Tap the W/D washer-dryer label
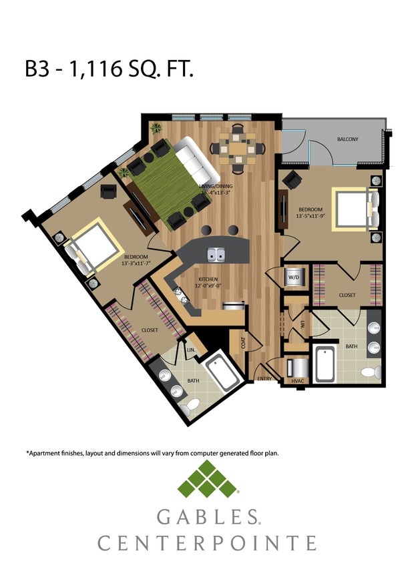[x=293, y=277]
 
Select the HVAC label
[x=296, y=381]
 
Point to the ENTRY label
[x=264, y=379]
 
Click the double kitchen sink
[x=218, y=254]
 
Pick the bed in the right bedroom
[x=351, y=209]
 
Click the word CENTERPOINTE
[x=207, y=542]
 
